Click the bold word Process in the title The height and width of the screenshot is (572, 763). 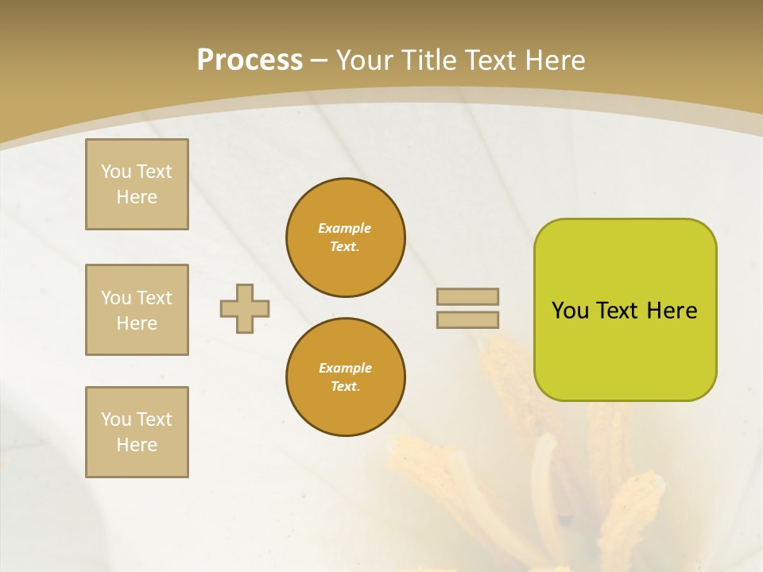pos(250,60)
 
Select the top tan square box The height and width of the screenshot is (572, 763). pos(137,184)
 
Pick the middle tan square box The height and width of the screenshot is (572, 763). pos(137,310)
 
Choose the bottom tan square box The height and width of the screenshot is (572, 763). pos(137,432)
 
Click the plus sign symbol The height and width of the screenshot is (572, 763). pos(245,308)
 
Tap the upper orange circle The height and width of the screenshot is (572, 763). pos(346,238)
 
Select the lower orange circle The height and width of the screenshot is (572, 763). pos(346,377)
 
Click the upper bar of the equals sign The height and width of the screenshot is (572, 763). pos(467,296)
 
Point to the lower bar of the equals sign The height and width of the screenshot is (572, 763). pos(467,320)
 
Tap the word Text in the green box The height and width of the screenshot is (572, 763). pos(618,311)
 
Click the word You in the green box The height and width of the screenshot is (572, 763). pos(570,311)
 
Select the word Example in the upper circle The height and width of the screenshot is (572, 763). pos(345,228)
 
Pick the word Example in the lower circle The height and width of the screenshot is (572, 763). pos(345,368)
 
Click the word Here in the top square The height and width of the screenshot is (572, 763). pos(137,197)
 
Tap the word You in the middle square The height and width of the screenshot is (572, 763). pos(116,298)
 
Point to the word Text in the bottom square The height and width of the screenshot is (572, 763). pos(154,419)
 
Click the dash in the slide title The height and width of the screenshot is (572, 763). pos(319,60)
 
